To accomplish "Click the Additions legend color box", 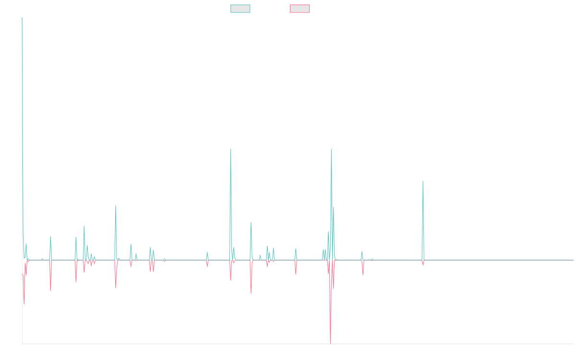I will (x=240, y=9).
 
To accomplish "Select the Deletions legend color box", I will (x=300, y=9).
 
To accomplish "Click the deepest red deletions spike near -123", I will (x=330, y=343).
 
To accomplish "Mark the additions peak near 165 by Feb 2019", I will (x=231, y=149).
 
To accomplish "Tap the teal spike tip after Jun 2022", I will (x=422, y=181).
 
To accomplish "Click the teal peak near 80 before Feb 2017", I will (x=116, y=206).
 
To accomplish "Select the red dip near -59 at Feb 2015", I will (x=24, y=304).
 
